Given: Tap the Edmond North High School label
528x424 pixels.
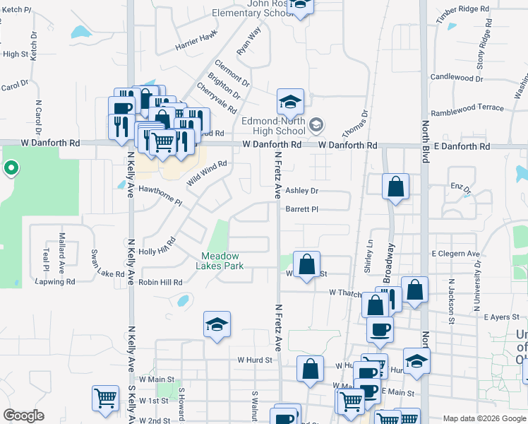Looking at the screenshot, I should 273,126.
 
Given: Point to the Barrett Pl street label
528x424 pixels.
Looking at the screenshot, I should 302,209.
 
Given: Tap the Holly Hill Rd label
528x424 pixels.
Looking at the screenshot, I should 157,247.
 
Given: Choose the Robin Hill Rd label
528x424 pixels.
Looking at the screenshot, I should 160,281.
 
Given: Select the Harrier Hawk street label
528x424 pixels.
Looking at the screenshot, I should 197,42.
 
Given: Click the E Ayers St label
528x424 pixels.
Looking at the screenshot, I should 502,317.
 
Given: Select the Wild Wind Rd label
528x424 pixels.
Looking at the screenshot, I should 206,173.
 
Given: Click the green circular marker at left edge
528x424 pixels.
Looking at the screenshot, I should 11,168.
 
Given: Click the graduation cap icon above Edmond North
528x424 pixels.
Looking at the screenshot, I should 290,102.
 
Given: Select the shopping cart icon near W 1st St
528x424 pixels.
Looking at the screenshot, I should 105,397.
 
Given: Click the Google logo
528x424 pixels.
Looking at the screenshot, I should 23,416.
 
